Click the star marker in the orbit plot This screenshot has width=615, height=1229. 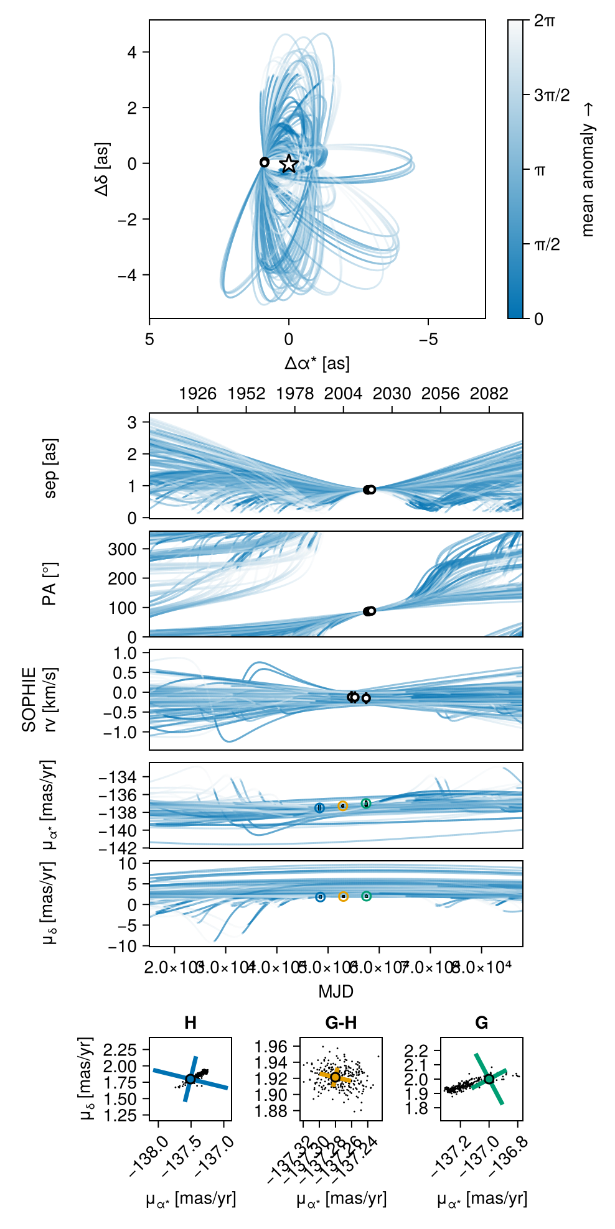click(289, 164)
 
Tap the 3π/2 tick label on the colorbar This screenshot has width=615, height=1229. click(552, 95)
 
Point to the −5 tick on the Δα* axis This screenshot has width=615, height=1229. click(428, 340)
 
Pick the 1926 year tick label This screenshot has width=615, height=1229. click(197, 394)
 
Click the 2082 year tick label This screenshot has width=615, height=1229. click(489, 394)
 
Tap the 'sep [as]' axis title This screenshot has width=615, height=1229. click(50, 468)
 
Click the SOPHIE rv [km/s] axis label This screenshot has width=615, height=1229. click(39, 700)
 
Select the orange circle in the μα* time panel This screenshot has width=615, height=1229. click(343, 806)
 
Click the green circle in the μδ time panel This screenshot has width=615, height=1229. click(367, 896)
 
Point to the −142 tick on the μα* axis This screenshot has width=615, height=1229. click(121, 848)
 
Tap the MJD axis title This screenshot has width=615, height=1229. click(336, 991)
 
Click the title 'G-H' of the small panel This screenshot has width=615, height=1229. click(341, 1023)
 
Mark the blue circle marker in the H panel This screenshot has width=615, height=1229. click(190, 1079)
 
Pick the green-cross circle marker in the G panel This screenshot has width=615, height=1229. click(489, 1079)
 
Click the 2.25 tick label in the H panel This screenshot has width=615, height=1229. click(120, 1050)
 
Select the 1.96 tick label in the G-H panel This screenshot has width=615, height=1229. click(271, 1046)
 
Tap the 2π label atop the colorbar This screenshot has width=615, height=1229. click(545, 21)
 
